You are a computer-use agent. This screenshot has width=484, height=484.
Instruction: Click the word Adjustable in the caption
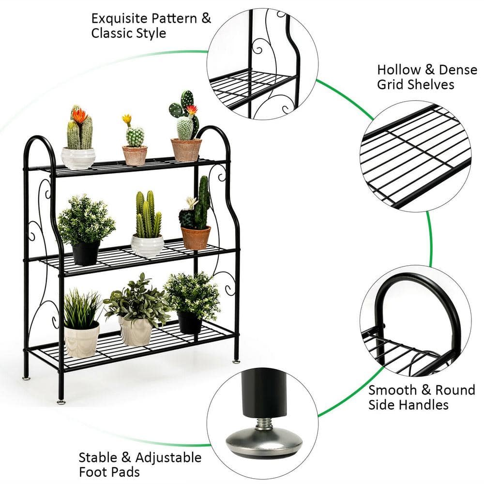coord(168,458)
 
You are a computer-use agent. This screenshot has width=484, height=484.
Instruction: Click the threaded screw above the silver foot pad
coord(264,424)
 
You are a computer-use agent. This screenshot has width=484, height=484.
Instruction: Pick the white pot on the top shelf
coord(78,158)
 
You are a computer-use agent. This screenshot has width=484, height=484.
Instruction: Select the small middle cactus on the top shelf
coord(135,136)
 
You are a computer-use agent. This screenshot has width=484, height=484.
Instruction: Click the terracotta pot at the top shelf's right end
coord(186,150)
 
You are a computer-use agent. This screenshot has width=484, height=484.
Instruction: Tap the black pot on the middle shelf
coord(86,252)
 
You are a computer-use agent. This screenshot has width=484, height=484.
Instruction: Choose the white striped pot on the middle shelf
coord(147,245)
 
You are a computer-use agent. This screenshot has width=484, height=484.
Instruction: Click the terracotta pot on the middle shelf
coord(196,237)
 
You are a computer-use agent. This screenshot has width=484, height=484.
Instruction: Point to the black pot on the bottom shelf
coord(189,322)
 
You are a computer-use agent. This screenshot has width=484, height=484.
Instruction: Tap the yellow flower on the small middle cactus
coord(127,119)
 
